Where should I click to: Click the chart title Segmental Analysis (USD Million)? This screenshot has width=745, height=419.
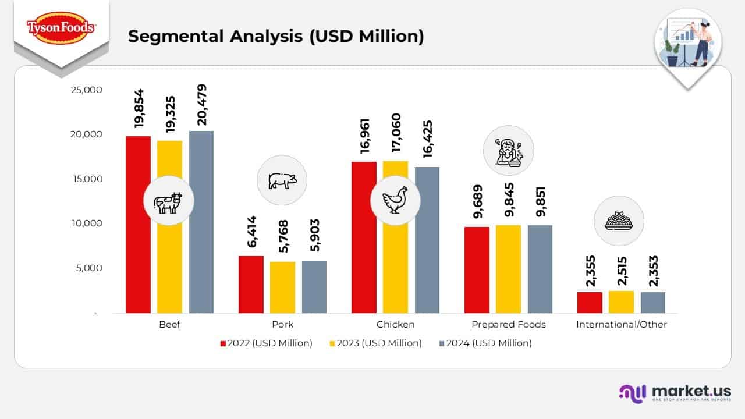point(276,36)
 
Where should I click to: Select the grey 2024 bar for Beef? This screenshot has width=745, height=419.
point(201,222)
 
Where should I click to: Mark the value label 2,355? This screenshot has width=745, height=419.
point(590,271)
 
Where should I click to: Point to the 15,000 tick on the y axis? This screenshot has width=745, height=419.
point(86,179)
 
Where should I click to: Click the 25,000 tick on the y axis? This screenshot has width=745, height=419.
point(86,90)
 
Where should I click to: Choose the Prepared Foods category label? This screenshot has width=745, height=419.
point(508,325)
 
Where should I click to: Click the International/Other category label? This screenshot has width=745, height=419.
point(621,325)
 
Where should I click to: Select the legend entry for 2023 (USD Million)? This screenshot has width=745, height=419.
point(375,343)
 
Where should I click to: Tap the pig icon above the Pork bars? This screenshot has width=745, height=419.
point(282,180)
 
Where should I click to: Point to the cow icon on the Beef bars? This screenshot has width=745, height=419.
point(168,201)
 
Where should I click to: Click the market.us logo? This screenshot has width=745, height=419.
point(675,393)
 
